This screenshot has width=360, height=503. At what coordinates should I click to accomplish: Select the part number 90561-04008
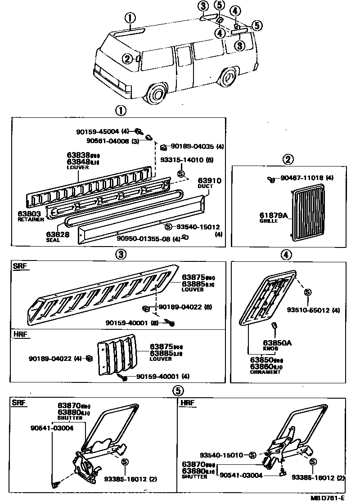pyautogui.click(x=108, y=140)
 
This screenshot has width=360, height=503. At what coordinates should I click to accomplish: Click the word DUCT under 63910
pyautogui.click(x=202, y=186)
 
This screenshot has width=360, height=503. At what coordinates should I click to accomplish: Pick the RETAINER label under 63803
pyautogui.click(x=31, y=220)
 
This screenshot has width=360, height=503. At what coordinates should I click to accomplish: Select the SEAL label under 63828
pyautogui.click(x=52, y=240)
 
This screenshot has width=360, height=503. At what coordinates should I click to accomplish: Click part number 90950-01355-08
pyautogui.click(x=144, y=238)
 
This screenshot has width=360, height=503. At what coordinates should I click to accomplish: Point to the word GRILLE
pyautogui.click(x=269, y=221)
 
